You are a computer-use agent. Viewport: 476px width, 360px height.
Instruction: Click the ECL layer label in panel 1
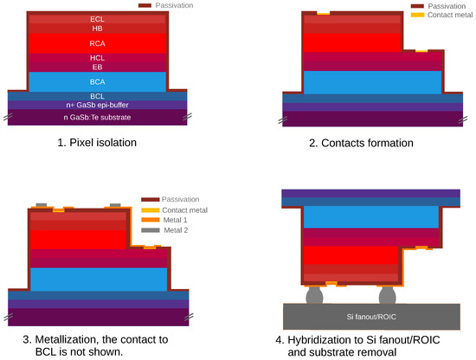point(98,18)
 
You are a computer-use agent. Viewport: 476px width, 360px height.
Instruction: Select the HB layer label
point(98,29)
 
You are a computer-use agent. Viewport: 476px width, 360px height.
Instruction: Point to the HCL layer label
point(98,57)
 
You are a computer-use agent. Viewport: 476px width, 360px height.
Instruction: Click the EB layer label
point(98,67)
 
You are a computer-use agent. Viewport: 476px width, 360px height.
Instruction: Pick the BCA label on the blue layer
point(98,81)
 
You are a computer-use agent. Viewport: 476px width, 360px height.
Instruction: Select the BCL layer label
point(98,96)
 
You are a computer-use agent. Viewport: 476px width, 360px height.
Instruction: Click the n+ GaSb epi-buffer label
point(98,105)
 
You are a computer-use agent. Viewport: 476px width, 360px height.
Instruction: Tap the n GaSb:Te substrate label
point(98,116)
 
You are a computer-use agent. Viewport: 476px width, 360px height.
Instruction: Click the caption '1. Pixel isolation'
point(97,143)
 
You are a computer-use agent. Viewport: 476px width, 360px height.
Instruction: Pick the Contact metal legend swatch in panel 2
point(418,16)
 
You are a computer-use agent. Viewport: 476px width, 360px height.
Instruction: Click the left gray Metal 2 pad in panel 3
point(40,206)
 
